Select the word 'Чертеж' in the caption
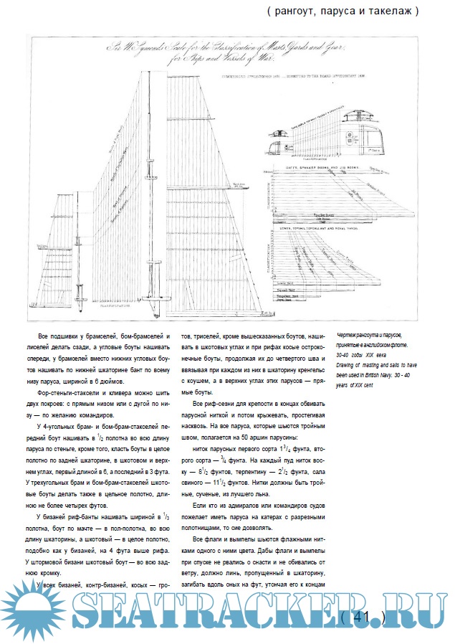348,334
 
